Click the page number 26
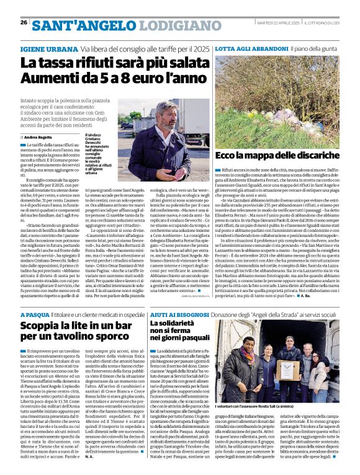coord(24,22)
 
